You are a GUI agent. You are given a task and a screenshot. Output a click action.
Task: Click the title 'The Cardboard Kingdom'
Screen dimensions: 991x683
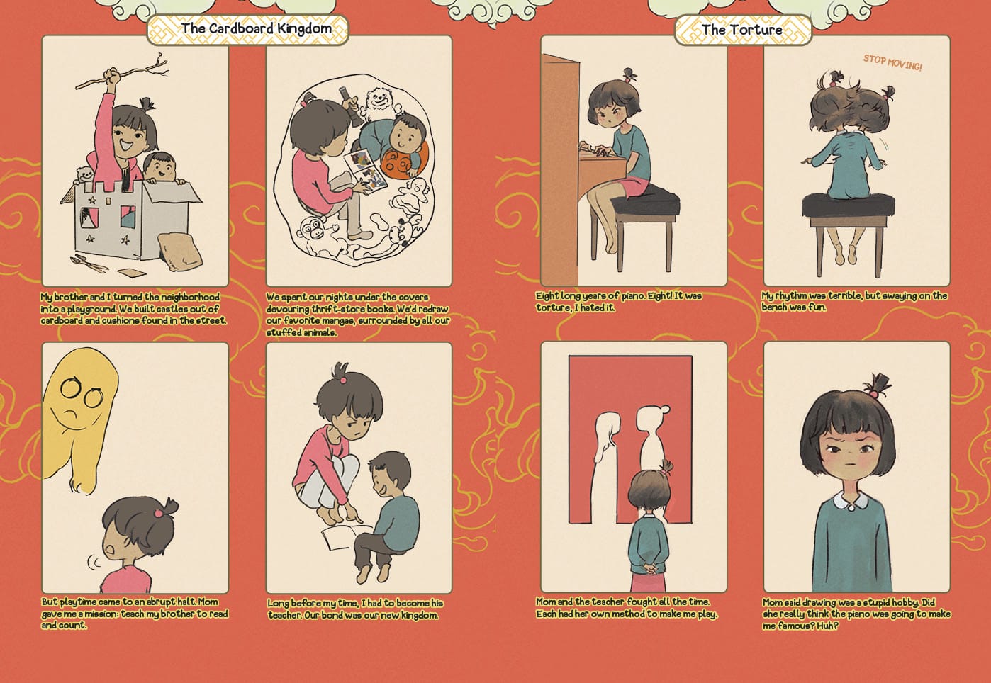pyautogui.click(x=257, y=29)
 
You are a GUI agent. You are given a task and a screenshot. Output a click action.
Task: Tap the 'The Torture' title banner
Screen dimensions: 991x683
pyautogui.click(x=742, y=30)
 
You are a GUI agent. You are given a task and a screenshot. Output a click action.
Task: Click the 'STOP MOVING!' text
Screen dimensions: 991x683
pyautogui.click(x=892, y=63)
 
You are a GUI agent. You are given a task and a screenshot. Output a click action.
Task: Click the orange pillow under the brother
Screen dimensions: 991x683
pyautogui.click(x=400, y=164)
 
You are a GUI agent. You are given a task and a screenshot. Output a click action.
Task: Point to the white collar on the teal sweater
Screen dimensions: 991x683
pyautogui.click(x=849, y=502)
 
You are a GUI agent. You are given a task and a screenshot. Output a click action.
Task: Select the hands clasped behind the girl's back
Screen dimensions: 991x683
pyautogui.click(x=647, y=568)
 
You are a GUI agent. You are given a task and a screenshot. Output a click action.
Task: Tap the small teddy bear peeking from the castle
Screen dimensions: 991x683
pyautogui.click(x=84, y=176)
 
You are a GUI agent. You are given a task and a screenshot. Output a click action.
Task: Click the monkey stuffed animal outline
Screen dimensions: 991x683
pyautogui.click(x=315, y=237)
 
